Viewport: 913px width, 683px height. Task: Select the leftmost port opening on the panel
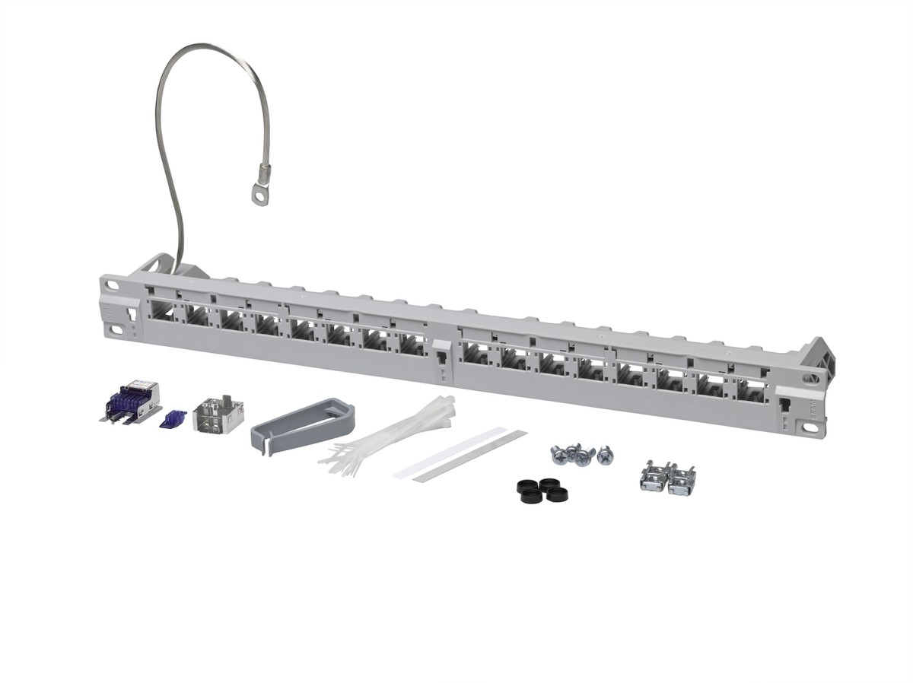click(162, 313)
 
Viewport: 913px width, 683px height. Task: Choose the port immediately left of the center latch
click(412, 345)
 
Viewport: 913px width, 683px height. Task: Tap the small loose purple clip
click(173, 418)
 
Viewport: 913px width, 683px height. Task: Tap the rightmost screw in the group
click(605, 456)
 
